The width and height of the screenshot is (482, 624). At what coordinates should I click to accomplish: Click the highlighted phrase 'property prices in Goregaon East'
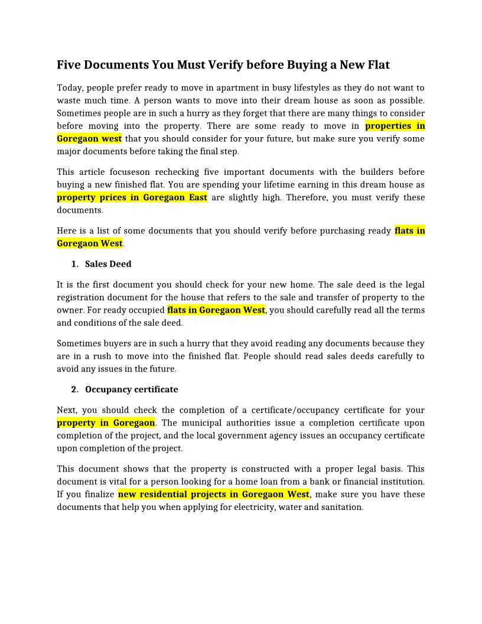132,197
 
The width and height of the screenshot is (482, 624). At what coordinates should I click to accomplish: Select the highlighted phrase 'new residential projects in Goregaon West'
214,494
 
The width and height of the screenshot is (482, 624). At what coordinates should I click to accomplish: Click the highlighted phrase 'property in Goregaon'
106,422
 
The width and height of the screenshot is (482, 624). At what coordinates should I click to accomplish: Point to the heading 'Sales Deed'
108,264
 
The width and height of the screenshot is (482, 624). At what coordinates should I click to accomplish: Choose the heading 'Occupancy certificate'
131,389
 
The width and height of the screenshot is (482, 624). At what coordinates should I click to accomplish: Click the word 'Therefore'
307,197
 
